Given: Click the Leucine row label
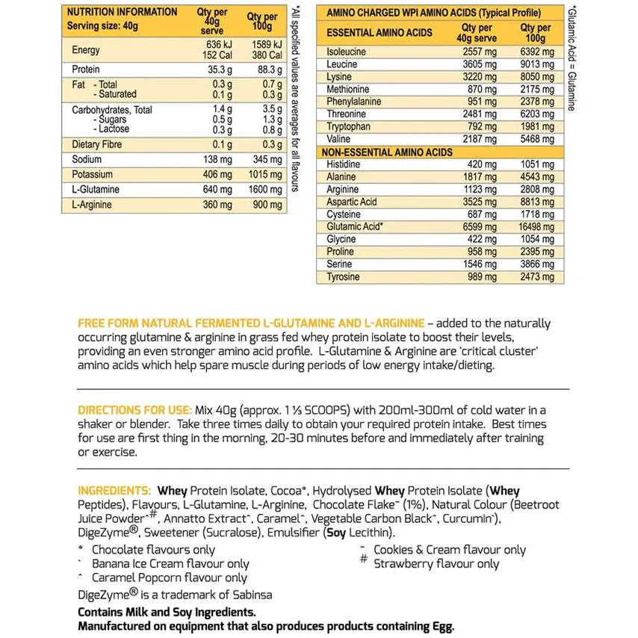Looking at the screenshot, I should click(x=342, y=64).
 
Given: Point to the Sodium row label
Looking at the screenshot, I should click(x=87, y=160).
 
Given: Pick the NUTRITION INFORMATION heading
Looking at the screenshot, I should click(x=123, y=12).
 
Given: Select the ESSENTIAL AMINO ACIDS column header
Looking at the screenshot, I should click(x=380, y=33).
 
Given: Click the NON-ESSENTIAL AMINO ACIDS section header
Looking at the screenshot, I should click(x=387, y=152).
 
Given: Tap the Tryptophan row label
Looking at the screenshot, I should click(x=349, y=126).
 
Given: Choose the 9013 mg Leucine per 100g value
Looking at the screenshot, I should click(x=537, y=64).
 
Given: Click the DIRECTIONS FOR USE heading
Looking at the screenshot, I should click(x=134, y=410).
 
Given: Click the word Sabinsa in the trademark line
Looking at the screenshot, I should click(x=250, y=595).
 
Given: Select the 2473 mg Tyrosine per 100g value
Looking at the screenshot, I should click(x=537, y=277).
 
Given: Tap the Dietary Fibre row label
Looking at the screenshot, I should click(x=96, y=144).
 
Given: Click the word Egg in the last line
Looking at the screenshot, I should click(x=441, y=626).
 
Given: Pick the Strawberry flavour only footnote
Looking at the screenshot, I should click(x=436, y=564).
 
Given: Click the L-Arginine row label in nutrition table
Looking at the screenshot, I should click(x=92, y=205).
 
